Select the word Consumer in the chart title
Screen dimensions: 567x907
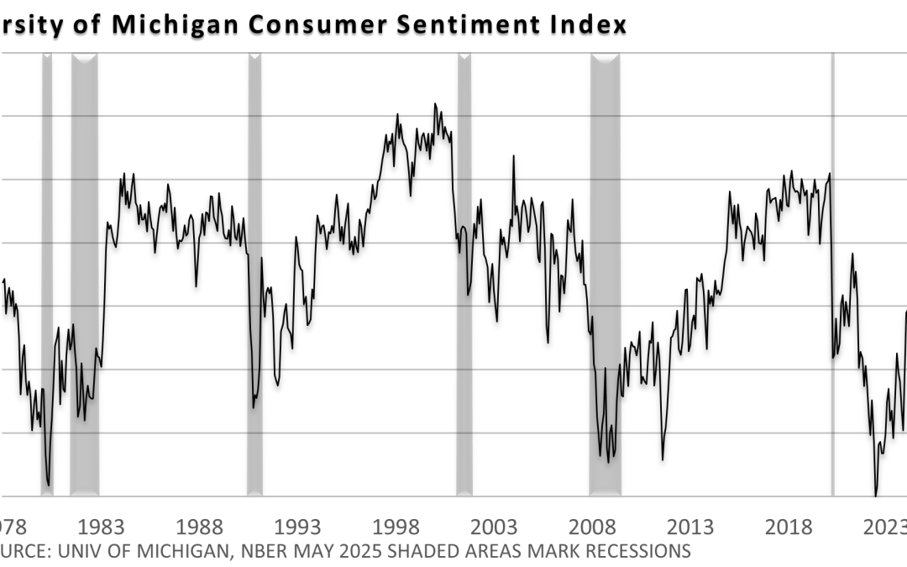tap(299, 24)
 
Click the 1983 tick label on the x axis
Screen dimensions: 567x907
tap(102, 527)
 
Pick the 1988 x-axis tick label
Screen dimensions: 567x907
tap(200, 527)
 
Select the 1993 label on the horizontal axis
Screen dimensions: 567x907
tap(298, 527)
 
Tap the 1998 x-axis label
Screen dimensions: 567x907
tap(396, 527)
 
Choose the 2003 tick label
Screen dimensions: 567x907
tap(495, 527)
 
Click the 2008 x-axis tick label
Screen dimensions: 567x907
tap(593, 527)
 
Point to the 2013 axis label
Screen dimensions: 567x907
tap(691, 527)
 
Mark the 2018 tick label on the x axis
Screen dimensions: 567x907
tap(789, 527)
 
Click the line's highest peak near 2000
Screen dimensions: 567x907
tap(435, 104)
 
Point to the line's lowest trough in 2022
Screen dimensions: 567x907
tap(876, 495)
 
